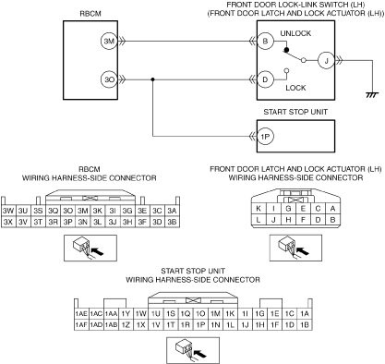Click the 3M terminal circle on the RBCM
[109, 41]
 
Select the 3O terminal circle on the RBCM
[109, 79]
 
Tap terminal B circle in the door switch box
[265, 41]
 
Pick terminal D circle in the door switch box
[265, 79]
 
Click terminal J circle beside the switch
[326, 60]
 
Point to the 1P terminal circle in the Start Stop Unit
[265, 136]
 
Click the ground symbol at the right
[372, 95]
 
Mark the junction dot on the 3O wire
[153, 79]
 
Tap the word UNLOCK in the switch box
[295, 33]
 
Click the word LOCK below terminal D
[295, 88]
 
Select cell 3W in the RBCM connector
[8, 211]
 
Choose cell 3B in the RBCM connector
[172, 222]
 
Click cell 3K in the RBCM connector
[98, 211]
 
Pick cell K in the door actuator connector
[259, 209]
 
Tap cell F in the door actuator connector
[303, 220]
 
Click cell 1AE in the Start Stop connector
[81, 314]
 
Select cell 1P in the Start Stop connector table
[200, 325]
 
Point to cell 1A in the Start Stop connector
[305, 314]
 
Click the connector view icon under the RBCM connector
[90, 248]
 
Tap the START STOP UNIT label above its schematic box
[295, 112]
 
